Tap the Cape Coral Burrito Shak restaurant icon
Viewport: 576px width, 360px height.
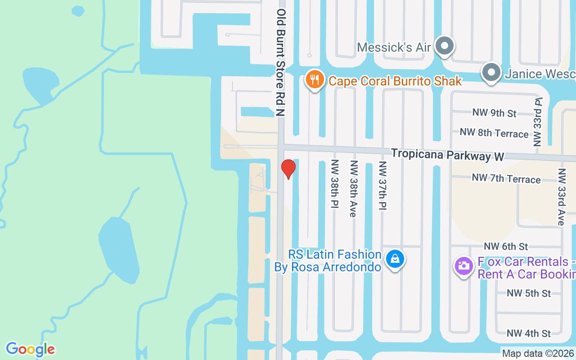315,79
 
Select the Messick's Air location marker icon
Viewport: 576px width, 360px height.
445,46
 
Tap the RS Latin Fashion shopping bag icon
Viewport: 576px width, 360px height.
395,259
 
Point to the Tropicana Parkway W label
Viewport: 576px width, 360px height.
447,154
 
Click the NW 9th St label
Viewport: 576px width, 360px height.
494,112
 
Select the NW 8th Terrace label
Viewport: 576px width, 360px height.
494,133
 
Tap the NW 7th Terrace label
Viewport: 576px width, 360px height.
506,179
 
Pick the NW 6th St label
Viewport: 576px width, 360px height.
506,246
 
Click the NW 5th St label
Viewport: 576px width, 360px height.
529,293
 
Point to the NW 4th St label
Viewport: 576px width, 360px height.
529,333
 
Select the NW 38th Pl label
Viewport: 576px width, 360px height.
334,184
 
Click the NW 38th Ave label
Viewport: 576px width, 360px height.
353,189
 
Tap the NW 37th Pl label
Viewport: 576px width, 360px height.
382,185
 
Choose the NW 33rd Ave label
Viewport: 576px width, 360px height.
561,197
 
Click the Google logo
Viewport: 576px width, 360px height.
30,349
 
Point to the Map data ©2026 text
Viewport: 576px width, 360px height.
538,354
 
